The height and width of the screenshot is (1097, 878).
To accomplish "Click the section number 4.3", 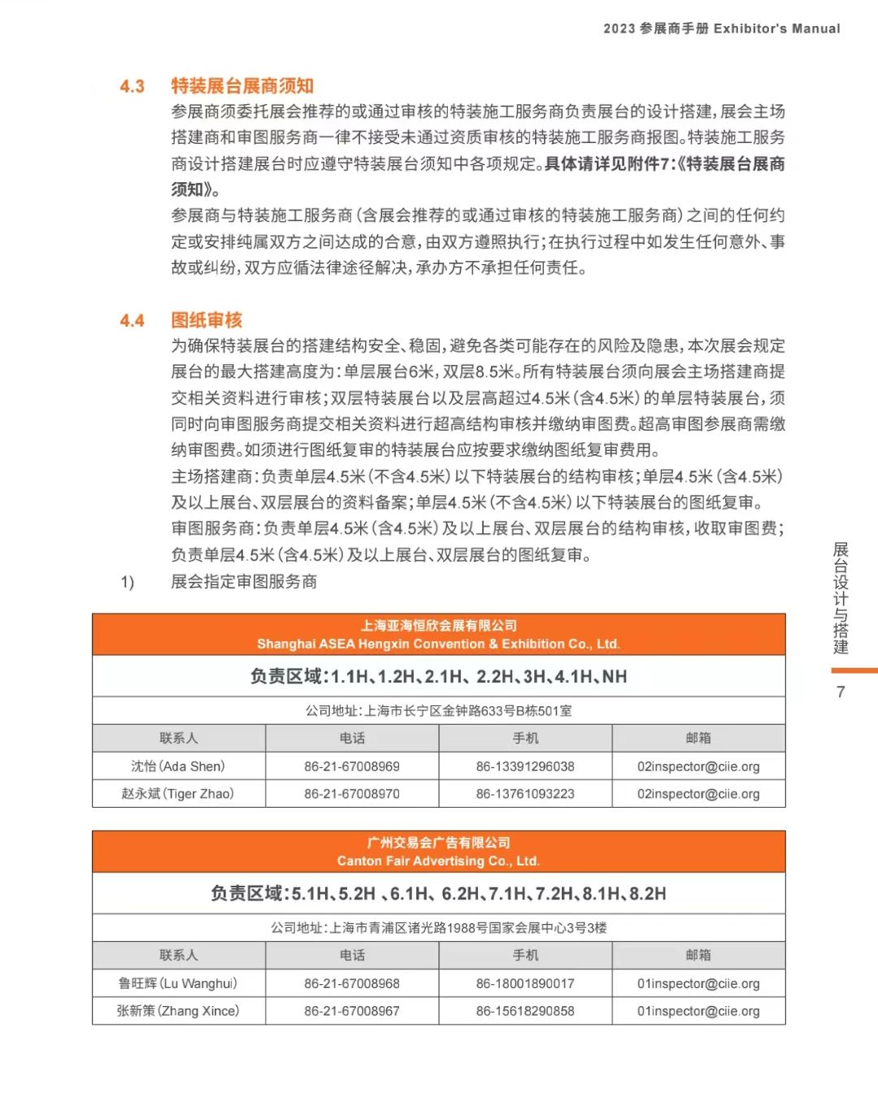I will pyautogui.click(x=132, y=86).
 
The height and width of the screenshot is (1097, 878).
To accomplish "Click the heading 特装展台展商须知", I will pyautogui.click(x=241, y=86).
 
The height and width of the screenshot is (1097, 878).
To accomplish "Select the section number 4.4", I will pyautogui.click(x=132, y=320).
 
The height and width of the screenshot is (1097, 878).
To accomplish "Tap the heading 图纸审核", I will pyautogui.click(x=206, y=320).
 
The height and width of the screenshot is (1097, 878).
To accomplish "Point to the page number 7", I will pyautogui.click(x=841, y=692).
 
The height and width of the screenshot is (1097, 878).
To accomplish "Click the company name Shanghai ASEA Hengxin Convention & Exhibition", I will pyautogui.click(x=438, y=644).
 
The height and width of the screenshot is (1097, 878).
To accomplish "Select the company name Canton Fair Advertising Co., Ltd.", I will pyautogui.click(x=438, y=861).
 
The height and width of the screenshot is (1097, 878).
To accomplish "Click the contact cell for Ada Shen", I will pyautogui.click(x=178, y=766).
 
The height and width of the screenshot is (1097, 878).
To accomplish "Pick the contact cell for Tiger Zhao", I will pyautogui.click(x=178, y=794).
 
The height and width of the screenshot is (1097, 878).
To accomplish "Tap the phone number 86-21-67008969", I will pyautogui.click(x=352, y=766).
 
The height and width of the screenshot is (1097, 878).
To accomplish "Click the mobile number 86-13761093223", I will pyautogui.click(x=525, y=794).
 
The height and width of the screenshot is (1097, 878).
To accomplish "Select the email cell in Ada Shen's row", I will pyautogui.click(x=698, y=766).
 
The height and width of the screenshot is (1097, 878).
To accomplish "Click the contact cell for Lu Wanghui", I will pyautogui.click(x=178, y=983).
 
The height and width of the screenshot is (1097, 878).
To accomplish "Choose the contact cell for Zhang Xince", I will pyautogui.click(x=178, y=1011).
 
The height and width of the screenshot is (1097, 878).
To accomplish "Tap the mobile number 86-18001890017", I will pyautogui.click(x=525, y=983).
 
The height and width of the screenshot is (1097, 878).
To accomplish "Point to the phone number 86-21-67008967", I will pyautogui.click(x=352, y=1011).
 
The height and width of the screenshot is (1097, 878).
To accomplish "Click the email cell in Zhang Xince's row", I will pyautogui.click(x=698, y=1011).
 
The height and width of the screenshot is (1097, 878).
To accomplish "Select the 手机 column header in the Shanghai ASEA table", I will pyautogui.click(x=525, y=738).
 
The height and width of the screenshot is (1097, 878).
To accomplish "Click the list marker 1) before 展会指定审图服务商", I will pyautogui.click(x=128, y=582).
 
